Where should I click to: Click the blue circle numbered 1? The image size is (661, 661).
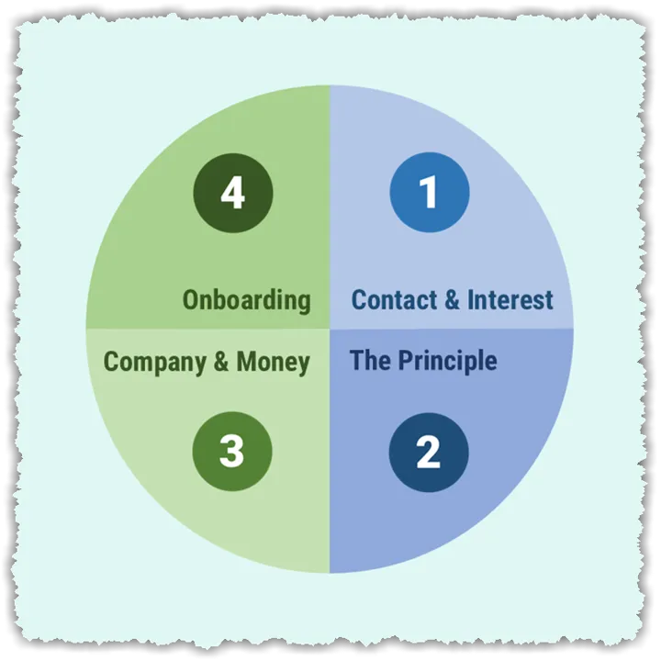click(429, 193)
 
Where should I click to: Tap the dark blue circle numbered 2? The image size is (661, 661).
click(429, 452)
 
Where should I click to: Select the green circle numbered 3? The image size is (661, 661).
click(232, 452)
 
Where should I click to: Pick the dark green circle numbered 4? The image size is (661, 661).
click(232, 193)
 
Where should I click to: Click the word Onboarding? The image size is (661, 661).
click(246, 300)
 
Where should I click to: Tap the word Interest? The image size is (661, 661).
click(510, 300)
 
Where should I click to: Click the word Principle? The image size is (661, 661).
click(447, 361)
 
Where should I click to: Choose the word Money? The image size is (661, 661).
click(273, 362)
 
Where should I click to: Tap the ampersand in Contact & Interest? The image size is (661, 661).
click(449, 300)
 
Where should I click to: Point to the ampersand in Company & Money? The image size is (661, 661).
click(221, 362)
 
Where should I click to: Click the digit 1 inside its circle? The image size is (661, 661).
click(429, 193)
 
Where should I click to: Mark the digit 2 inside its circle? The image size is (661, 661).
click(429, 452)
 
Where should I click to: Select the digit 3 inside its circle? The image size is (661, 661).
click(232, 452)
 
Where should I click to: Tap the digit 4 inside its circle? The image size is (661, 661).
click(232, 193)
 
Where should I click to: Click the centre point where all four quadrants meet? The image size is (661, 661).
click(330, 329)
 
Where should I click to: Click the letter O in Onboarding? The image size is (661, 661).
click(191, 300)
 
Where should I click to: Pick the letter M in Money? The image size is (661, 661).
click(246, 362)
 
